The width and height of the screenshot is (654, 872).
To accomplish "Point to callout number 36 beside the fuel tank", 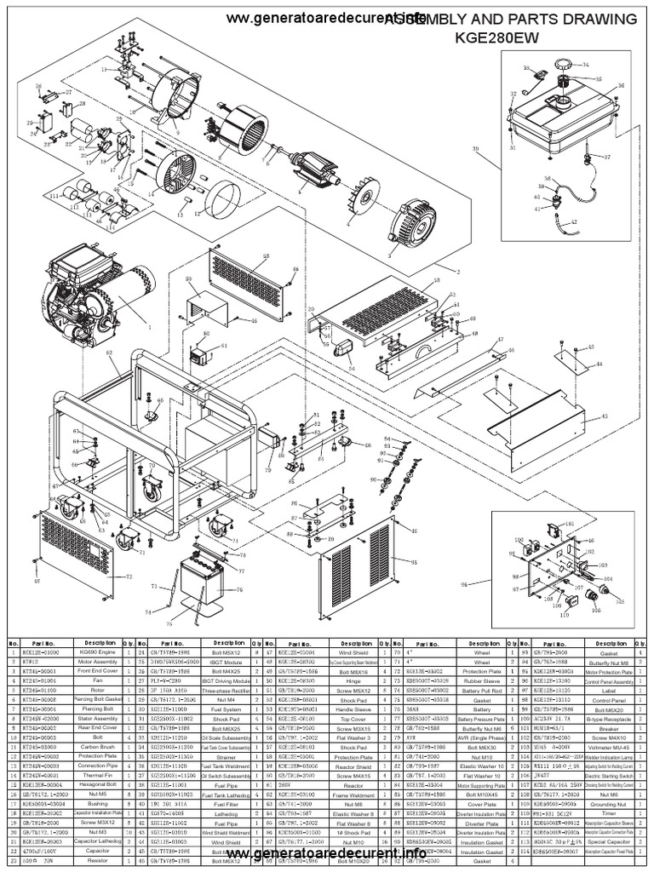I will click(x=620, y=85).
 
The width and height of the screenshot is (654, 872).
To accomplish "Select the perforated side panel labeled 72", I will click(x=77, y=545).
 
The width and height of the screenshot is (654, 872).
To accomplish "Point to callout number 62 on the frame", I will click(x=108, y=352).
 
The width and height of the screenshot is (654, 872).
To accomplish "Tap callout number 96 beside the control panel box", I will click(x=464, y=584).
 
